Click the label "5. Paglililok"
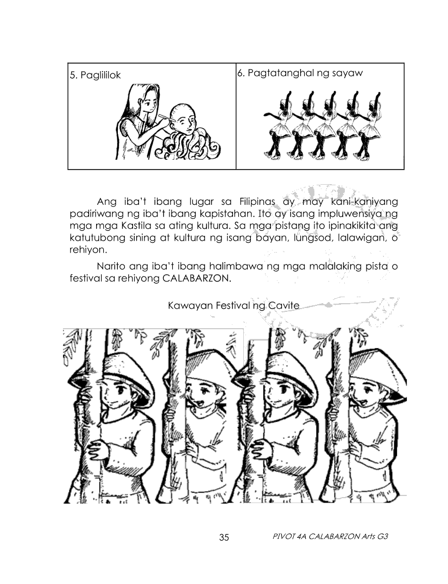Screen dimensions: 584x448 (93, 76)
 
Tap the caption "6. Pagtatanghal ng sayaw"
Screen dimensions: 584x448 (300, 73)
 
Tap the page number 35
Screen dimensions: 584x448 (224, 538)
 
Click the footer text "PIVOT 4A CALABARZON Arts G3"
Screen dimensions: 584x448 (330, 537)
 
